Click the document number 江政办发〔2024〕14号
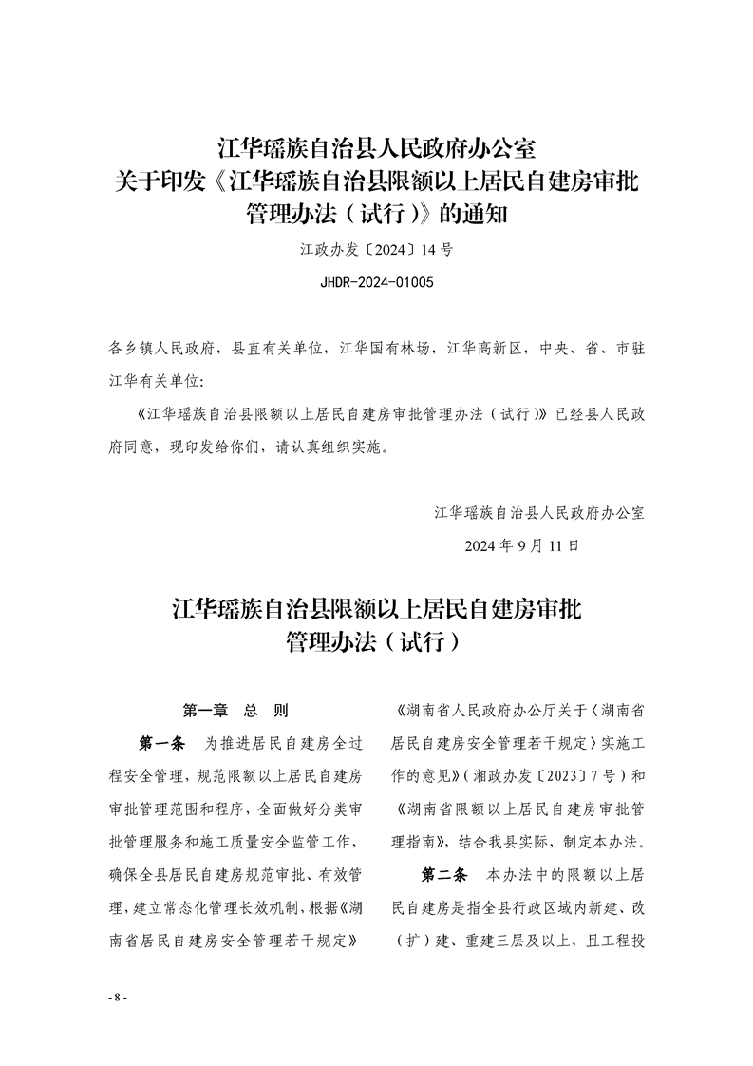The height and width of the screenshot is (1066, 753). [377, 252]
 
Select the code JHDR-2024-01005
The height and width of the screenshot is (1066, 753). [377, 282]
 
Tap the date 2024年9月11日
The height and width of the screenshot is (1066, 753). [521, 546]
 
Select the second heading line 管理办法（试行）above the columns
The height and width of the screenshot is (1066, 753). [377, 643]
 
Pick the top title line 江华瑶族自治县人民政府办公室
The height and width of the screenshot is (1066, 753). [377, 149]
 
